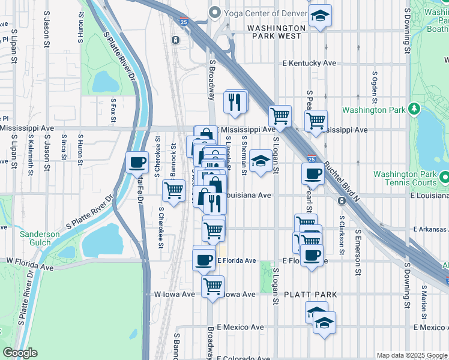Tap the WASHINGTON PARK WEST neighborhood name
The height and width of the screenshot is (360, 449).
(277, 32)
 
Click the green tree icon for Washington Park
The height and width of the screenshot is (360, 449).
(414, 109)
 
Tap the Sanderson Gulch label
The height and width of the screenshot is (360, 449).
(40, 238)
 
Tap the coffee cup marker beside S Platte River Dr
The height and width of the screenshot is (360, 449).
(137, 163)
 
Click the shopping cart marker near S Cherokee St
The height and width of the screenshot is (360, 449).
(173, 191)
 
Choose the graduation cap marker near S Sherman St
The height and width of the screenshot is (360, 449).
(260, 161)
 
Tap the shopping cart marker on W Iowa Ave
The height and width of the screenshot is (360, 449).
(212, 287)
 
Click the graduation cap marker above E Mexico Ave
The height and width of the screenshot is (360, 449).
(324, 323)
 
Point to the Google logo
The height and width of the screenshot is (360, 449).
(20, 353)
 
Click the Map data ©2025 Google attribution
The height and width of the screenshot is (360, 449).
(411, 355)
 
